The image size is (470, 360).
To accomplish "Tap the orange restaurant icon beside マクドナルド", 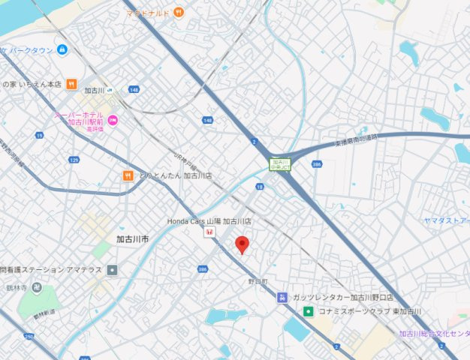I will (x=178, y=12).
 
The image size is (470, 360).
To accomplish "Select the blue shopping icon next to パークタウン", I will (x=62, y=50).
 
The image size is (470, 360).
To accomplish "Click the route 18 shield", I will (x=259, y=186).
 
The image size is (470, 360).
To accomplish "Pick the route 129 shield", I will (x=74, y=160).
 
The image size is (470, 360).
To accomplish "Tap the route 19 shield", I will (x=38, y=136).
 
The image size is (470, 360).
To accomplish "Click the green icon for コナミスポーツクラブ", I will (x=308, y=311).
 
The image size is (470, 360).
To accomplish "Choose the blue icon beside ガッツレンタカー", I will (x=282, y=297).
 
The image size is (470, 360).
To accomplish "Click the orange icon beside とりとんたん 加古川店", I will (x=128, y=175).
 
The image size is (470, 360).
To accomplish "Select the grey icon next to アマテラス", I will (x=112, y=269).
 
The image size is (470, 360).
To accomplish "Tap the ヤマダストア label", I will (x=445, y=220).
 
